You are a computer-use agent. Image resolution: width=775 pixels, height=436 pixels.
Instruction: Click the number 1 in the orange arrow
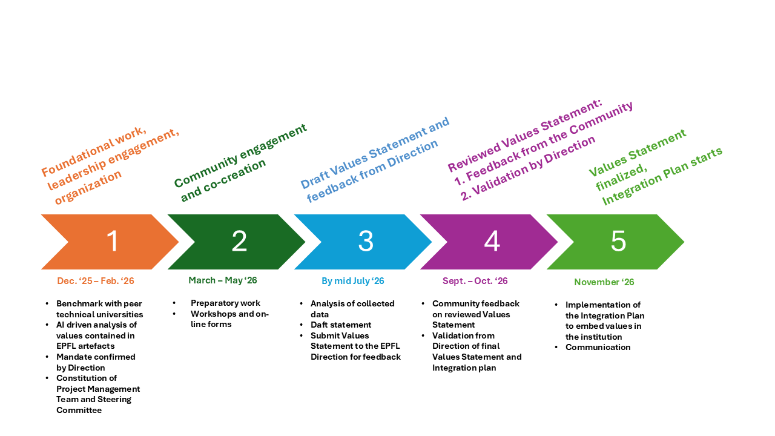(x=113, y=242)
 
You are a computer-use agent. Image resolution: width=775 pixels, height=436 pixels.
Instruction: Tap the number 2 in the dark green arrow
(x=239, y=242)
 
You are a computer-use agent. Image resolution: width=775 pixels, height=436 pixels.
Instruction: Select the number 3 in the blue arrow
(x=366, y=242)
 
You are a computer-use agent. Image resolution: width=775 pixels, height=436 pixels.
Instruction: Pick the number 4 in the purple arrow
(x=492, y=242)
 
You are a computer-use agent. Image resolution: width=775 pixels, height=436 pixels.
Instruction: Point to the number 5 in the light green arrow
(x=618, y=242)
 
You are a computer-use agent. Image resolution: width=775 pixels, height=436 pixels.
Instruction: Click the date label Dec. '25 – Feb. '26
(x=96, y=281)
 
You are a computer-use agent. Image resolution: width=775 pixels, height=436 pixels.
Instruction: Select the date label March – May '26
(x=222, y=280)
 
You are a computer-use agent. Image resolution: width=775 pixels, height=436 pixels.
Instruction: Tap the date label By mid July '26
(x=352, y=281)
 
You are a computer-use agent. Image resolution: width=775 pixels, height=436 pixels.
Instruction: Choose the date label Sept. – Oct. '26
(x=475, y=281)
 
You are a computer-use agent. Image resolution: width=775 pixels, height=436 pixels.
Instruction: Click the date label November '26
(x=604, y=282)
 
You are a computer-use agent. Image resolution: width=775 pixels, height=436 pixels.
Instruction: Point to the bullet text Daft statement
(x=341, y=325)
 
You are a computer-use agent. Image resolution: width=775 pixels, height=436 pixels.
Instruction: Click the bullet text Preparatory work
(x=225, y=303)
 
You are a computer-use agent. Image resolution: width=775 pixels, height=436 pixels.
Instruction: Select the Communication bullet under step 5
(x=598, y=348)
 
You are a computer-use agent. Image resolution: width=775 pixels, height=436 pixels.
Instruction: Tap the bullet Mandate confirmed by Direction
(x=96, y=362)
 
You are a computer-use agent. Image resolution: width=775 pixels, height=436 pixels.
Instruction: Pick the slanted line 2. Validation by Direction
(x=528, y=168)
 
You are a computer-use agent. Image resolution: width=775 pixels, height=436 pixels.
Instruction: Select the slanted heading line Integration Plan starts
(x=662, y=176)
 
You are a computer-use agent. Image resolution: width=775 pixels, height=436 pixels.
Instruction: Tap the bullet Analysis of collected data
(x=352, y=309)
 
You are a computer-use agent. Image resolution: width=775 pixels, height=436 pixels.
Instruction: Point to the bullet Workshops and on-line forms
(x=229, y=319)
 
